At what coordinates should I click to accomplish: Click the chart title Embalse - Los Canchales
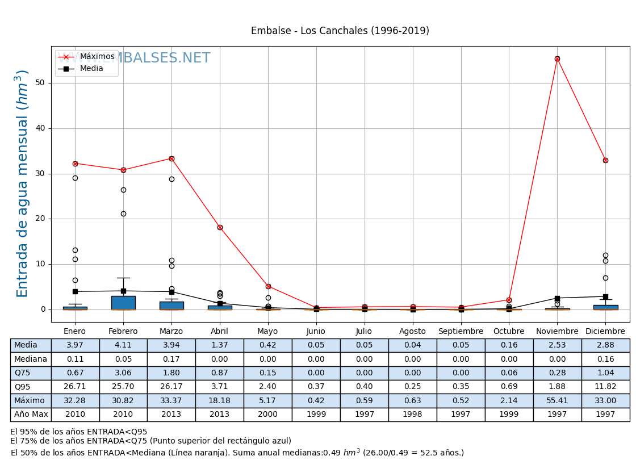click(x=340, y=31)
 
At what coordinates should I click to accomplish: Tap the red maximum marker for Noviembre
click(x=557, y=58)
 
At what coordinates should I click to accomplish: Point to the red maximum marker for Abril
click(x=220, y=227)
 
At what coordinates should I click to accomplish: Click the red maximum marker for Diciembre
click(x=605, y=160)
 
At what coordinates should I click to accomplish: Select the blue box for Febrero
click(x=123, y=303)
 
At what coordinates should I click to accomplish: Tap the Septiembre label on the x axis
click(x=461, y=332)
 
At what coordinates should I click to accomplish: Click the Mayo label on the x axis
click(x=267, y=332)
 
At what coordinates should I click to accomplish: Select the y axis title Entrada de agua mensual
click(x=22, y=183)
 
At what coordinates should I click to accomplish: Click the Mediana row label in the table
click(x=31, y=359)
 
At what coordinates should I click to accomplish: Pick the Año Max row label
click(x=31, y=415)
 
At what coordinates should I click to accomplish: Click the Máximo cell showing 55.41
click(x=557, y=401)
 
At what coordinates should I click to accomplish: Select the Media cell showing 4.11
click(x=123, y=345)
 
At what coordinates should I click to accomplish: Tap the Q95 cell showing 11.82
click(x=605, y=387)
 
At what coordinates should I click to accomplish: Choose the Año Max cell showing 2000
click(x=267, y=415)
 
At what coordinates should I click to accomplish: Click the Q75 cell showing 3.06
click(x=123, y=373)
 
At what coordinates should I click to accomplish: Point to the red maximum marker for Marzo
click(x=171, y=158)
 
